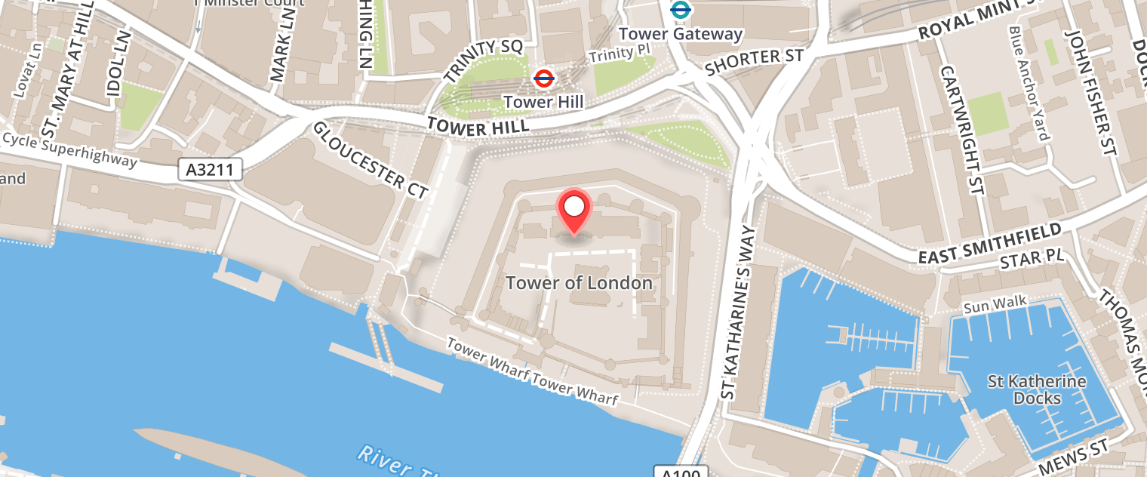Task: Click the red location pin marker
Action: tap(574, 209)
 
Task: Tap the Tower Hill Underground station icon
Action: tap(543, 77)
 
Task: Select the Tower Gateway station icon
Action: tap(681, 10)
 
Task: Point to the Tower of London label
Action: tap(579, 283)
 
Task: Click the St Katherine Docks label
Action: tap(1037, 389)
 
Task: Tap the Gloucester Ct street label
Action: tap(370, 160)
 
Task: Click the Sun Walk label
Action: tap(995, 304)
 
